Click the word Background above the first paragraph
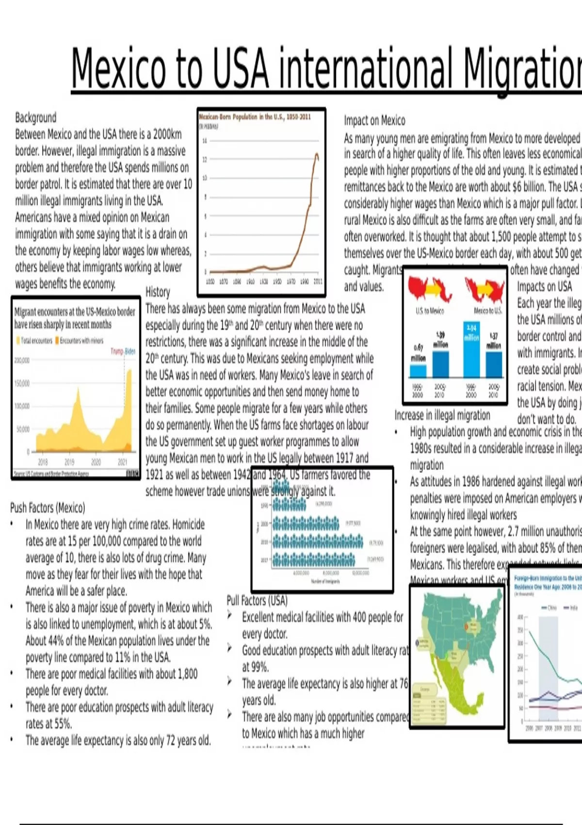point(35,117)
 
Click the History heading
point(158,292)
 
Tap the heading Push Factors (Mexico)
point(48,508)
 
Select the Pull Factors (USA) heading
point(257,600)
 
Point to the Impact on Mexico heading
point(374,120)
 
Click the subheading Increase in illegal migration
point(442,415)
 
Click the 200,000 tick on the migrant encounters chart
point(22,361)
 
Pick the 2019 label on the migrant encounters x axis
point(69,462)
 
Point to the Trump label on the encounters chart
point(116,351)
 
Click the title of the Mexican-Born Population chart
point(255,117)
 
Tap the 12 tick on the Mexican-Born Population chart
point(205,159)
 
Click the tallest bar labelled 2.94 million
point(471,349)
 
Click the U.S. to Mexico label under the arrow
point(429,311)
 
